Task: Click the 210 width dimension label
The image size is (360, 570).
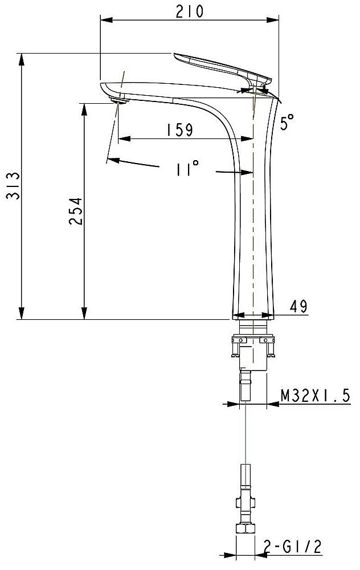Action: click(x=190, y=11)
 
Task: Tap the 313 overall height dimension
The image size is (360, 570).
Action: click(x=13, y=186)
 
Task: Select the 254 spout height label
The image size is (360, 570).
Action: click(x=76, y=211)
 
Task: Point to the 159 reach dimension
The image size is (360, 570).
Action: click(x=180, y=130)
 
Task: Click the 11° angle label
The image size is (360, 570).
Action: click(x=187, y=168)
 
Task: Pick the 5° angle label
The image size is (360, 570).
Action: click(x=287, y=122)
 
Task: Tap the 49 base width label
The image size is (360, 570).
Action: click(x=298, y=307)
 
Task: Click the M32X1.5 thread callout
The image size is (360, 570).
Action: click(x=316, y=395)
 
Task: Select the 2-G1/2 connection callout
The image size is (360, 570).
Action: click(x=292, y=547)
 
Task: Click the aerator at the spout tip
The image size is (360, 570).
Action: click(x=119, y=101)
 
